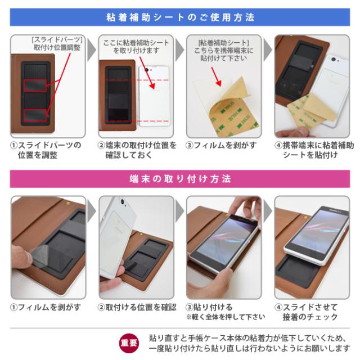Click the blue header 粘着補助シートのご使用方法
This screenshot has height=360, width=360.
[x=180, y=17]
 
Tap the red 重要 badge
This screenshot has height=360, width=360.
[x=128, y=343]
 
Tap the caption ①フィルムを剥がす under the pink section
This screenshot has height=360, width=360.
[x=46, y=307]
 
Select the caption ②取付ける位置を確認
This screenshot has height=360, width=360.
[x=136, y=307]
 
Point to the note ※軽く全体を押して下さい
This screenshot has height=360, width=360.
[x=225, y=317]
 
